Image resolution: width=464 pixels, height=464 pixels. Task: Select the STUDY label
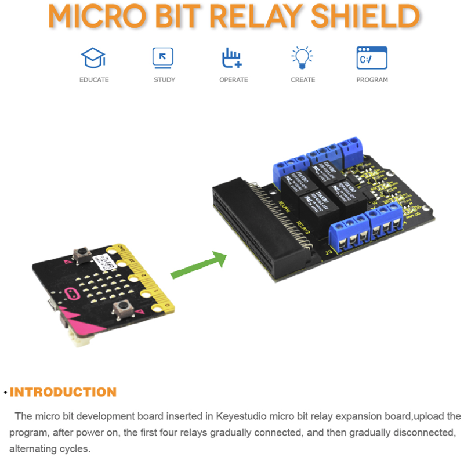(x=164, y=79)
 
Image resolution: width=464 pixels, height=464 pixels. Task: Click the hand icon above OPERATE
(x=232, y=59)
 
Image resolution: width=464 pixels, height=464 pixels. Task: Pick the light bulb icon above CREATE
(x=302, y=58)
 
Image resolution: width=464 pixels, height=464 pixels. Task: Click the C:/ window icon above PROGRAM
(x=371, y=59)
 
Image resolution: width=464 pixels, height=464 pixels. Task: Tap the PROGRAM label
(x=372, y=79)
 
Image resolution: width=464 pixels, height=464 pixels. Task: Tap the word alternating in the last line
(x=32, y=448)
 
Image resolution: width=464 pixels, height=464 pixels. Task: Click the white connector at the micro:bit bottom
(x=79, y=339)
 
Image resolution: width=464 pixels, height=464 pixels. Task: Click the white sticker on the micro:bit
(x=107, y=263)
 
